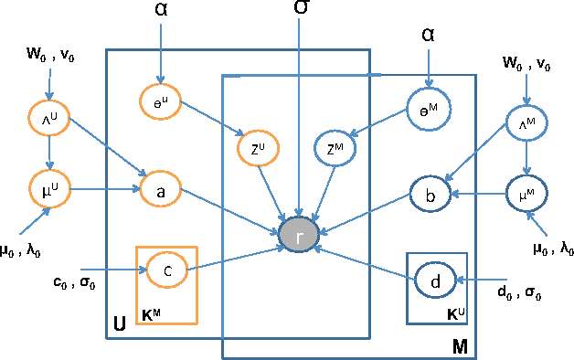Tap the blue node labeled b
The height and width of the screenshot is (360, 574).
(430, 196)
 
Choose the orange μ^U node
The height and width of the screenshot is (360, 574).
(50, 191)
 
